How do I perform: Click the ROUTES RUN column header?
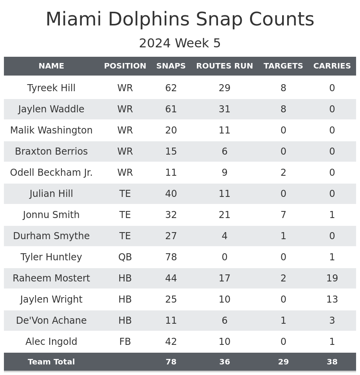(224, 66)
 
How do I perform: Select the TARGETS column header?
(283, 66)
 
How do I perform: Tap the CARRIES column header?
(332, 66)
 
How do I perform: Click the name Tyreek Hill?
(51, 88)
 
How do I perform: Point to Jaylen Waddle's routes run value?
(224, 109)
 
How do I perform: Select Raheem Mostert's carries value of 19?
(332, 278)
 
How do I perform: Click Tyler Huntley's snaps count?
(171, 257)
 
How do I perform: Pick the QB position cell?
(125, 257)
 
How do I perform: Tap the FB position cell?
(125, 342)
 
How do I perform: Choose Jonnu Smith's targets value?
(283, 215)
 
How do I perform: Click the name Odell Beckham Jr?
(51, 173)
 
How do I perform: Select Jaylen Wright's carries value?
(332, 299)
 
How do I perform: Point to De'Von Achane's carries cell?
(332, 321)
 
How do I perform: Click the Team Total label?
(51, 362)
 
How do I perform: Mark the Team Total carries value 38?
(332, 362)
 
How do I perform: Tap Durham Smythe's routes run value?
(224, 236)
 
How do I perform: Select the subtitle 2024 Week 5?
(180, 43)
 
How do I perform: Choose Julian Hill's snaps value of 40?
(171, 194)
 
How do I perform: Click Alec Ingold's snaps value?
(171, 342)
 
